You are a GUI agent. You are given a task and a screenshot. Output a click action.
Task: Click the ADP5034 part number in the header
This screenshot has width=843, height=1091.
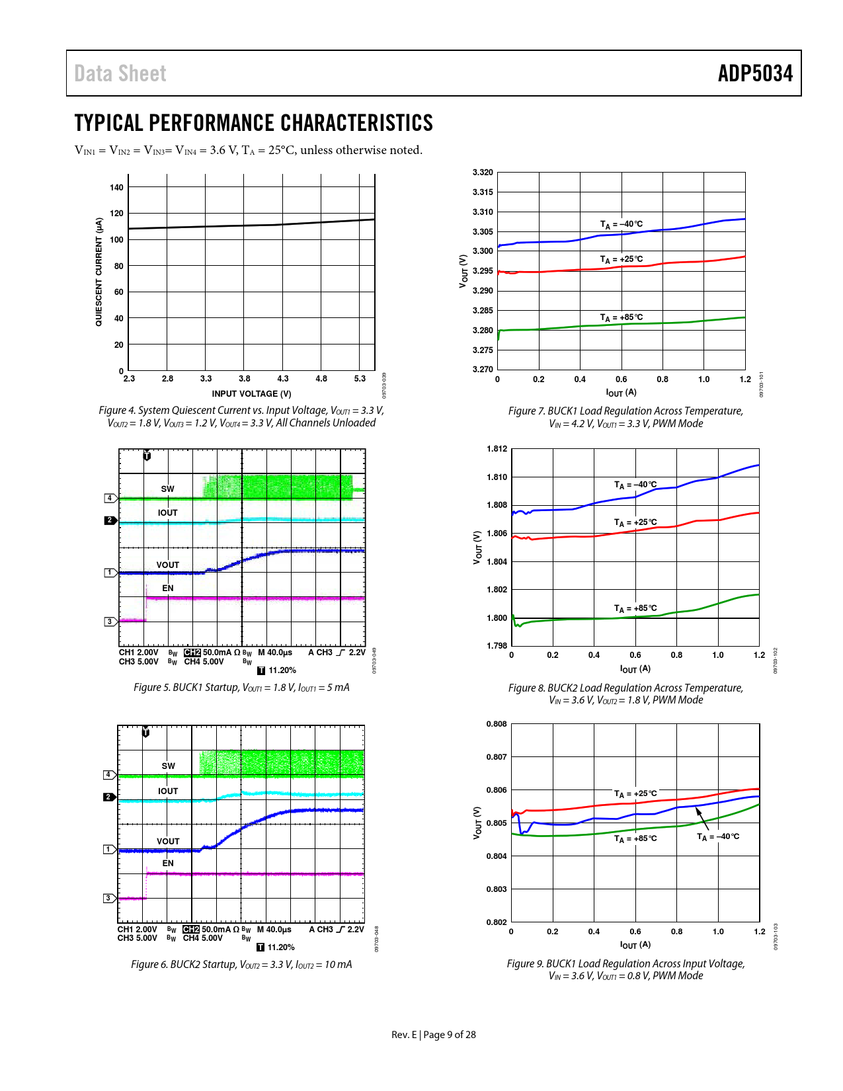point(755,73)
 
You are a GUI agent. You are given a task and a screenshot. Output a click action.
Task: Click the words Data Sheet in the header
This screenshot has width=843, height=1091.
point(120,73)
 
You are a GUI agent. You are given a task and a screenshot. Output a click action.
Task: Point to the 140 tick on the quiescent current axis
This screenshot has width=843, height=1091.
point(116,188)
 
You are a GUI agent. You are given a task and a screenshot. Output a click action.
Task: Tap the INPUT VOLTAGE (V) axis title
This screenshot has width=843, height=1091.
point(251,394)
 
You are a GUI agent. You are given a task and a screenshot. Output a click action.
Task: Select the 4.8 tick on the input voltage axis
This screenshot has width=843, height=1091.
point(321,379)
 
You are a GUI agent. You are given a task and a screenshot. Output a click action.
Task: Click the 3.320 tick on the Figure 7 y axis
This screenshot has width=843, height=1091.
point(483,173)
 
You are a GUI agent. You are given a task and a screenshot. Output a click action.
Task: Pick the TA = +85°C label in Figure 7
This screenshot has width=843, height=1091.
point(621,317)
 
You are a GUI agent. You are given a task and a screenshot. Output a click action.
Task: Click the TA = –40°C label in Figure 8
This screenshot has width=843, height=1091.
point(635,485)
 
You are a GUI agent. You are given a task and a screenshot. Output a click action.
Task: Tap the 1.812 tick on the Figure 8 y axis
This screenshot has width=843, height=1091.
point(497,449)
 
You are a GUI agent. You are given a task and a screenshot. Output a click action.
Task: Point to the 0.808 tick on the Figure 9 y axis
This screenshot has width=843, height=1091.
point(497,724)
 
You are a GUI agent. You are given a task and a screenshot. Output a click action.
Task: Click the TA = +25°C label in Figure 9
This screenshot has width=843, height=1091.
point(635,793)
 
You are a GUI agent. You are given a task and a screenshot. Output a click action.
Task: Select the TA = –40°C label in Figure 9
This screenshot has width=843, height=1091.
point(718,837)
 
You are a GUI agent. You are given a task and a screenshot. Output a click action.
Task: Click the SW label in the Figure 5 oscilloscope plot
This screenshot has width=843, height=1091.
point(167,489)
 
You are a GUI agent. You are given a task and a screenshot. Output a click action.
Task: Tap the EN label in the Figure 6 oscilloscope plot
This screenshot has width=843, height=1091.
point(168,864)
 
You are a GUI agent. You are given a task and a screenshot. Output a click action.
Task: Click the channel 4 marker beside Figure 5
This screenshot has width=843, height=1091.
point(110,498)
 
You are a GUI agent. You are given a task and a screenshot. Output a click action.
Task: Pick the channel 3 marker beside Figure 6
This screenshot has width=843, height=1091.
point(108,898)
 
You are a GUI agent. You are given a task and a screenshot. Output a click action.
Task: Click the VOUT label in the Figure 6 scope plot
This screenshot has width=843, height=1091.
point(168,842)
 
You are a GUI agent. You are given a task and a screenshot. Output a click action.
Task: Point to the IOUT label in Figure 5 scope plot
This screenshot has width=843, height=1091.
point(167,513)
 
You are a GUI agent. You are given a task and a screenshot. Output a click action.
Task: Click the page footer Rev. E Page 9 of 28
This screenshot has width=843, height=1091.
point(433,1035)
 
